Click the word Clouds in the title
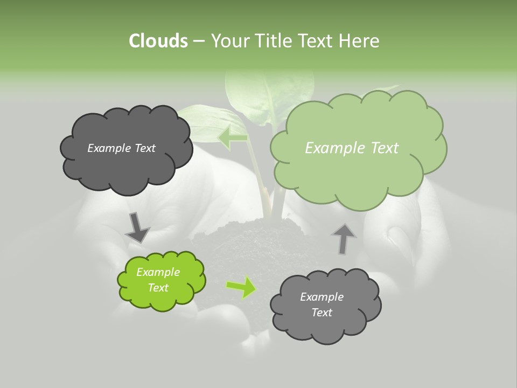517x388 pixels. click(x=158, y=40)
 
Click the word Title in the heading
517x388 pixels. click(x=274, y=40)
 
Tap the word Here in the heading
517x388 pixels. click(x=359, y=40)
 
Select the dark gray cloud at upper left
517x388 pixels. click(x=126, y=162)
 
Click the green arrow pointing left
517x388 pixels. click(x=233, y=137)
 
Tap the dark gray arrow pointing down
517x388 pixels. click(x=137, y=227)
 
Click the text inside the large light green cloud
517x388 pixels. click(x=352, y=148)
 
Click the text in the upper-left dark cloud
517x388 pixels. click(x=121, y=148)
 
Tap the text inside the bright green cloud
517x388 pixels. click(x=158, y=280)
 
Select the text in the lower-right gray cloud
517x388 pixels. click(x=322, y=304)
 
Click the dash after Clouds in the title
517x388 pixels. click(x=199, y=41)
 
